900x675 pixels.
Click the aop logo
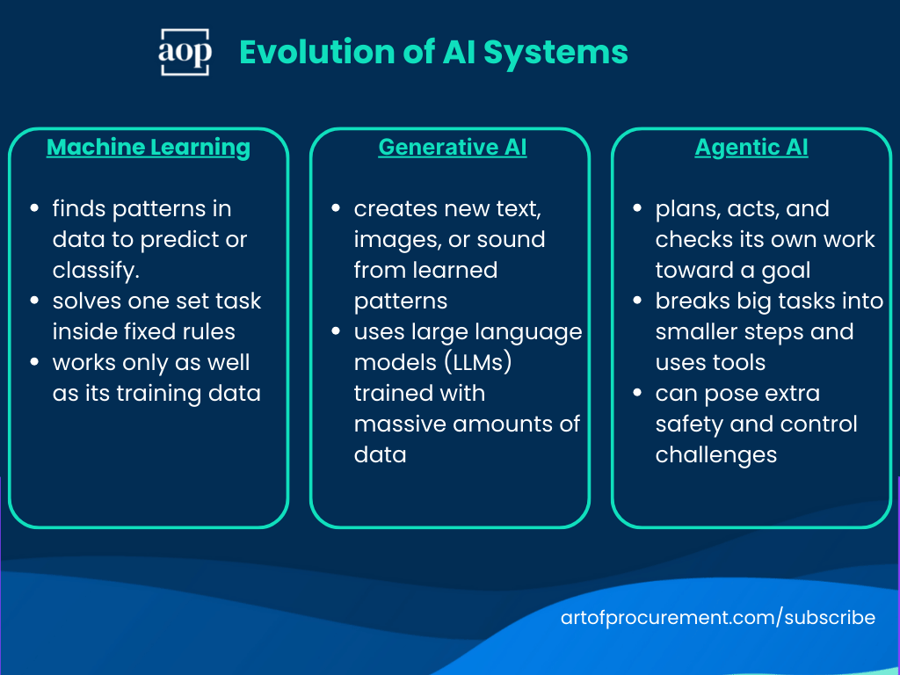185,52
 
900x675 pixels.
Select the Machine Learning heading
149,148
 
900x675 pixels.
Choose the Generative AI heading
453,148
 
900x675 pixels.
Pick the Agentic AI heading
751,148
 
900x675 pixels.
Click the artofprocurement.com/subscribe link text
718,618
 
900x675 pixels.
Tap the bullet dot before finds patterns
34,209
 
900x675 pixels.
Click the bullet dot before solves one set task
34,301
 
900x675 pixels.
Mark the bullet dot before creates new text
336,209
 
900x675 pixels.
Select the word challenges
716,455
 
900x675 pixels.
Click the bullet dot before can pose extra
637,394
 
